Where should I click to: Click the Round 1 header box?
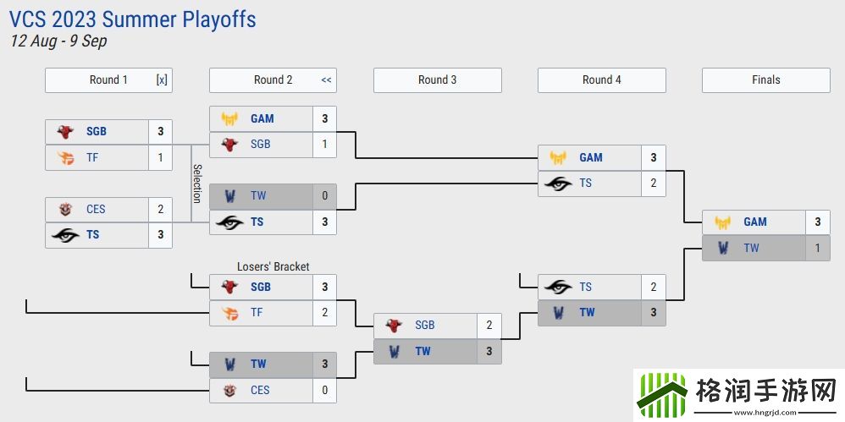coord(108,80)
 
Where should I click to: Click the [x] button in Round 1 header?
coord(162,80)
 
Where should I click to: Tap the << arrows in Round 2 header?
coord(326,80)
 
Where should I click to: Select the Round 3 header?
coord(437,80)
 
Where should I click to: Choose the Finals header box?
coord(765,80)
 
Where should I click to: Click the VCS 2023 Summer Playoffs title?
coord(133,19)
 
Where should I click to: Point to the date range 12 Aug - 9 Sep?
coord(58,41)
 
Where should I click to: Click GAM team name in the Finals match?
coord(755,222)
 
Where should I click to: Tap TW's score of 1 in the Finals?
coord(817,248)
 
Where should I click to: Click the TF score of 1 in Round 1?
coord(160,157)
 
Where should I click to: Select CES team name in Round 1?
coord(96,209)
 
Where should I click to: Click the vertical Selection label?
coord(196,184)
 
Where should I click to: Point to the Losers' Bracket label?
coord(273,266)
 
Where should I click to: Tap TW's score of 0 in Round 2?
coord(324,196)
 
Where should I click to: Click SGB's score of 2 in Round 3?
coord(489,326)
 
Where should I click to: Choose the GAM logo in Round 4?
coord(558,158)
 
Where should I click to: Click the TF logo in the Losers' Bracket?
coord(229,313)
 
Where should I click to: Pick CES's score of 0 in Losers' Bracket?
coord(324,390)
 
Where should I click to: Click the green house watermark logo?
coord(662,392)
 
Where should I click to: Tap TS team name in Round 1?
coord(92,235)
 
